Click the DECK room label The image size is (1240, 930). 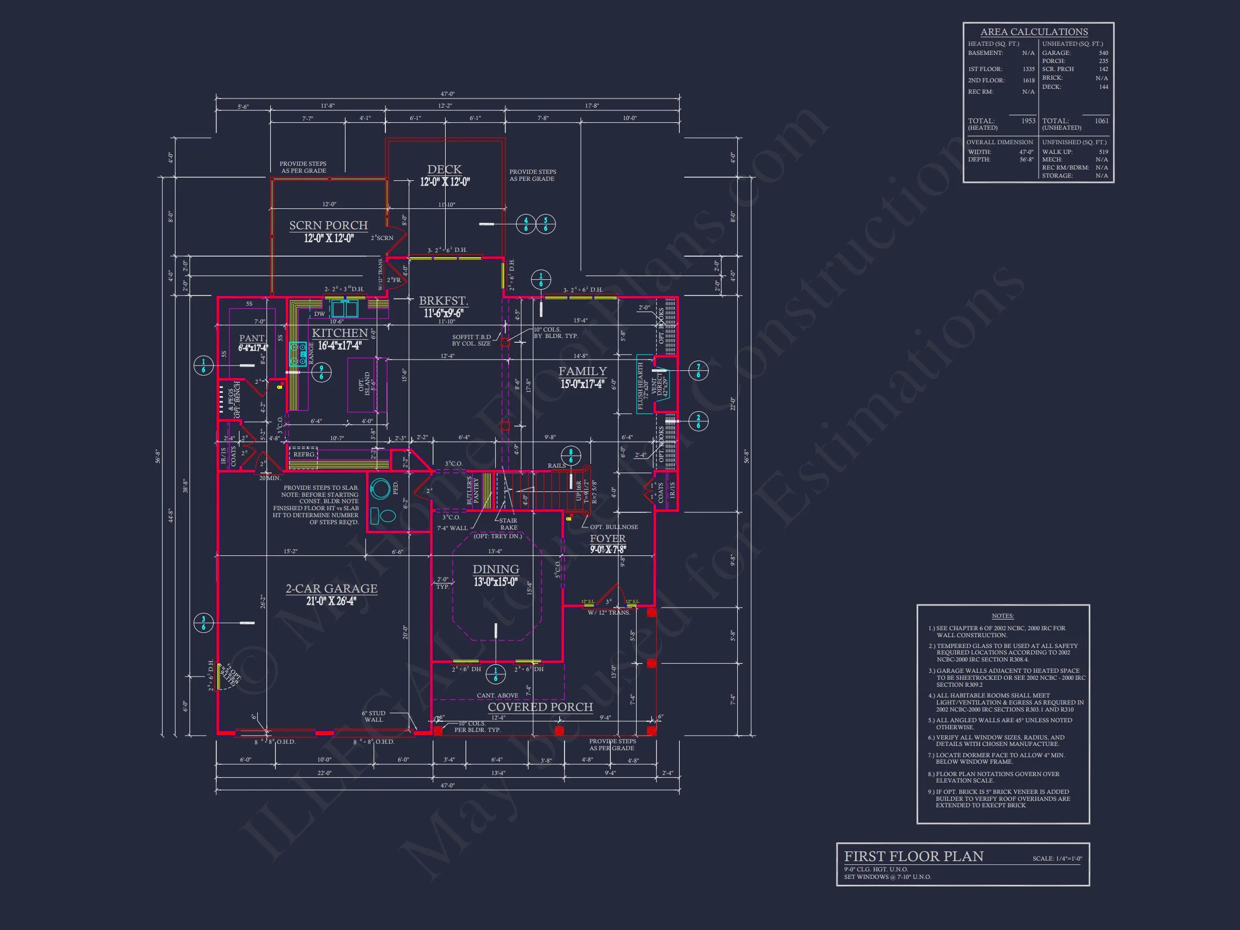[444, 170]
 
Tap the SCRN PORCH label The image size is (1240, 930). [328, 226]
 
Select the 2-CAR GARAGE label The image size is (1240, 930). [332, 589]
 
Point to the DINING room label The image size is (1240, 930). [496, 569]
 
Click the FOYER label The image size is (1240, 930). [607, 539]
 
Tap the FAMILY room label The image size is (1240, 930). [582, 371]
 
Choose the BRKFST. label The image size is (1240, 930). [443, 301]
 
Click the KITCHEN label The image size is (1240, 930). [340, 333]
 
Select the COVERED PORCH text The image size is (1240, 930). [540, 707]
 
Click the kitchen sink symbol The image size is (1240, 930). [345, 309]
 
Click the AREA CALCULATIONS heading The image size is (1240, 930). [1034, 32]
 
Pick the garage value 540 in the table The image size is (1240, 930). [1103, 53]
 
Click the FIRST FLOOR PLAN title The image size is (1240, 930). [914, 857]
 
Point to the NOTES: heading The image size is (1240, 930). [1002, 616]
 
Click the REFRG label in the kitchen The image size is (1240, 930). [304, 455]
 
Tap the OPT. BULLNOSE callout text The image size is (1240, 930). [614, 527]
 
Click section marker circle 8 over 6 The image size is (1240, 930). [570, 455]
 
